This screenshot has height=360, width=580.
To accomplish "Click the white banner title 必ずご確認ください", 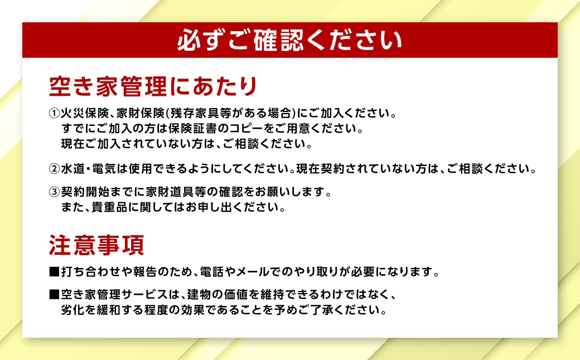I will [x=289, y=41].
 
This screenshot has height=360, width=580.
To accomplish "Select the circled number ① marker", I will [x=54, y=114].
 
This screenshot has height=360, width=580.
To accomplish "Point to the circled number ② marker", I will [x=54, y=168].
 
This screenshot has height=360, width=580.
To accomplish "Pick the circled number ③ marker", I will [x=54, y=193].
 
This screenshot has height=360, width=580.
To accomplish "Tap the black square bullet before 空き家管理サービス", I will [x=54, y=293].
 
